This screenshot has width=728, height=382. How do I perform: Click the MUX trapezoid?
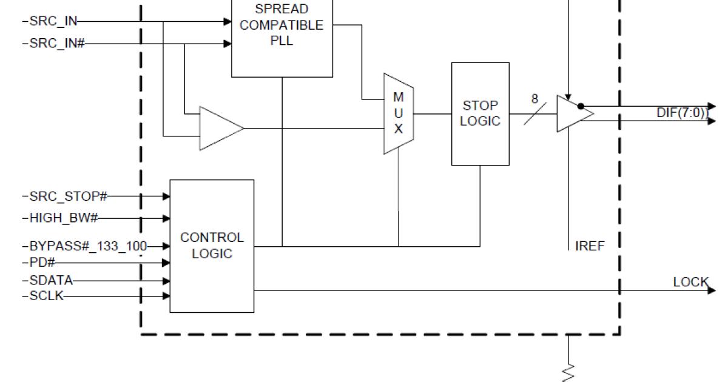pos(398,113)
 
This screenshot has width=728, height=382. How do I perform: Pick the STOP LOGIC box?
pos(480,113)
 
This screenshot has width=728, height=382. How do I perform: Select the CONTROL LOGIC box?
pos(212,246)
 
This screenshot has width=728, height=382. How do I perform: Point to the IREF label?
pos(590,246)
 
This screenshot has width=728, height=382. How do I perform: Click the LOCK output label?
pos(690,282)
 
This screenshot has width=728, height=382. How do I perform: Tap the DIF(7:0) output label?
pos(682,113)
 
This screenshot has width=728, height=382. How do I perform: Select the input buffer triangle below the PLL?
pos(220,129)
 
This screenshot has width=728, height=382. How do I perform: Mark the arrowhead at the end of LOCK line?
pos(711,290)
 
